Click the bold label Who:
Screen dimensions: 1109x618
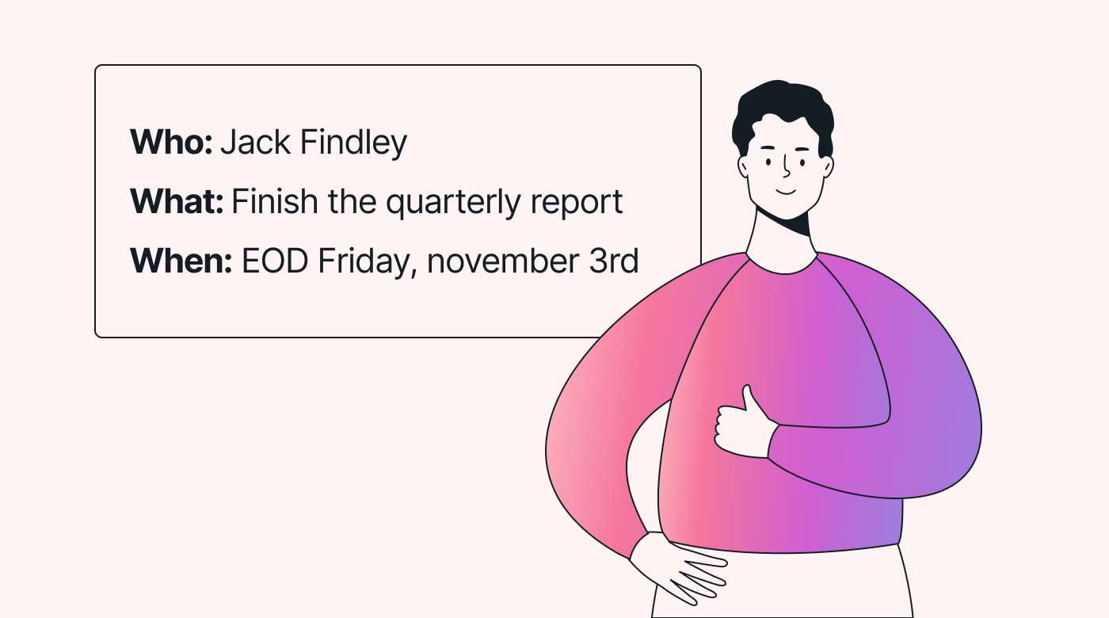coord(171,142)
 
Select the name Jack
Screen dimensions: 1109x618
coord(255,142)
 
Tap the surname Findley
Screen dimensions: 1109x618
coord(353,143)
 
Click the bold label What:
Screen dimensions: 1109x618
coord(177,201)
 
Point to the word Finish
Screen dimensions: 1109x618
coord(275,201)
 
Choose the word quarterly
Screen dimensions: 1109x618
coord(453,204)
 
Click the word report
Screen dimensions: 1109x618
coord(577,204)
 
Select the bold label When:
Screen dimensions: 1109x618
coord(181,261)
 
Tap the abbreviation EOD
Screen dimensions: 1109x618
coord(275,261)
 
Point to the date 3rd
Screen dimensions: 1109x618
coord(614,261)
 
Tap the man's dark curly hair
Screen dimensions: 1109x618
coord(783,114)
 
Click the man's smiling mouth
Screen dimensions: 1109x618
coord(785,192)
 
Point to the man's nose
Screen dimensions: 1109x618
coord(787,166)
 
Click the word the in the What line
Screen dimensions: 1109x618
coord(352,201)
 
